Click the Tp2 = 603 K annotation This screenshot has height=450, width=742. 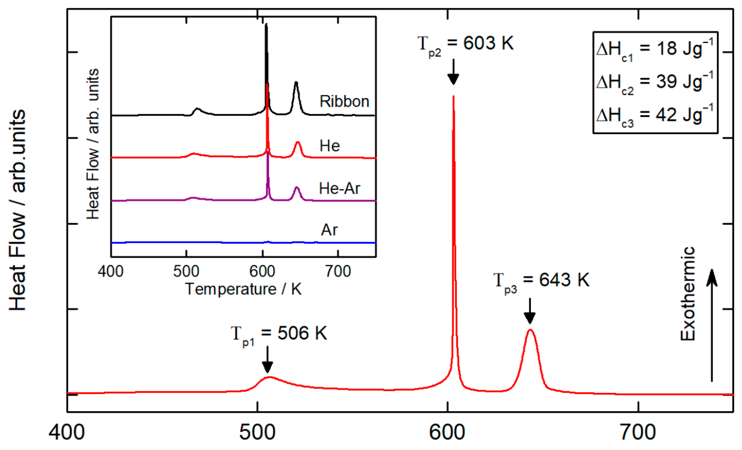click(465, 44)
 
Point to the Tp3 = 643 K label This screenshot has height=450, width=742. click(541, 281)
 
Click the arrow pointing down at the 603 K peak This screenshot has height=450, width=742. click(453, 72)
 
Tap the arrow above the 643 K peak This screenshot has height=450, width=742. click(530, 311)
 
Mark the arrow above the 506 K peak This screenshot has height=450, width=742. click(267, 359)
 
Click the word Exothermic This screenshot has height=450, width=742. click(688, 294)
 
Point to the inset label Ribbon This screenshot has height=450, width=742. click(344, 102)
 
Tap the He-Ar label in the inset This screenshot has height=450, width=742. click(339, 188)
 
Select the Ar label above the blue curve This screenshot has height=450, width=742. click(329, 230)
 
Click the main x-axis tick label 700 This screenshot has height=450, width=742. click(638, 432)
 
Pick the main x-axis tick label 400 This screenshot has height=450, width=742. click(67, 432)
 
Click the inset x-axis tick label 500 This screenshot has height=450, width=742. click(186, 271)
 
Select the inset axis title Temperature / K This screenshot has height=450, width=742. click(243, 289)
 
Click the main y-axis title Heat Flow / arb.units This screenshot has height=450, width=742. click(17, 210)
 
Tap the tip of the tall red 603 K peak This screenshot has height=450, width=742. click(453, 97)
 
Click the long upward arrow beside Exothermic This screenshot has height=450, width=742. click(712, 325)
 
